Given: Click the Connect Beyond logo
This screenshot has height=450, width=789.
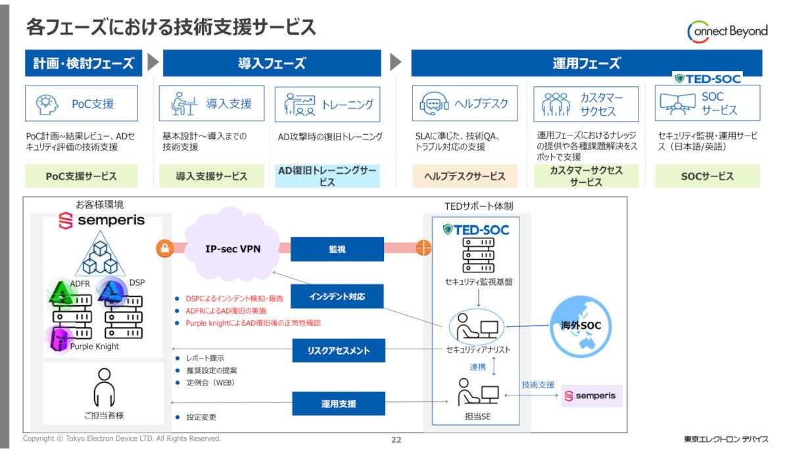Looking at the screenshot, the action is point(727,32).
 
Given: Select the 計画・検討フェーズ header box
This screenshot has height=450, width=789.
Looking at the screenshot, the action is point(84,63).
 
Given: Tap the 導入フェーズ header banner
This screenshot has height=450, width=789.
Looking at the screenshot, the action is point(272,63).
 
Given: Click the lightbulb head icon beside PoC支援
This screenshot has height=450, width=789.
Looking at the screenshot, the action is point(47,104).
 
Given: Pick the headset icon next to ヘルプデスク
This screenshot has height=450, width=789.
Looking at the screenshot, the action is point(434,103).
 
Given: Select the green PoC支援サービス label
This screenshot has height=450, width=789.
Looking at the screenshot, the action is point(81,176).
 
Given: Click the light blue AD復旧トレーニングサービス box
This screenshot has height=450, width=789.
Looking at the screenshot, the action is point(327,176).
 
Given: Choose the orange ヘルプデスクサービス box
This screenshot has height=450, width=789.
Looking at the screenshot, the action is point(465,176).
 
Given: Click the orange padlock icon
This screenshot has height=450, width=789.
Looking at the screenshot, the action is point(165,249).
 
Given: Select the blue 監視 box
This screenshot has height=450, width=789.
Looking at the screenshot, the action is point(337,249).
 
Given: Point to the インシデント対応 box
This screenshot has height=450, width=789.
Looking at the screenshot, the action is point(337,296).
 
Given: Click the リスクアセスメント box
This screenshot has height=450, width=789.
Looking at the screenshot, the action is point(339,351).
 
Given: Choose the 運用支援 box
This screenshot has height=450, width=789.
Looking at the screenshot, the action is point(339,403).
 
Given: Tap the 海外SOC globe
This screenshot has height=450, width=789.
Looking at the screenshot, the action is point(581,326).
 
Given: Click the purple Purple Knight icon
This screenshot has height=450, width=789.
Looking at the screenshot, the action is point(59,339).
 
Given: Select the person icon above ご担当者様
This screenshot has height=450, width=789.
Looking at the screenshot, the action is point(105,387).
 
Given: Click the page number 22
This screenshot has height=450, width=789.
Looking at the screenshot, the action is point(396,439).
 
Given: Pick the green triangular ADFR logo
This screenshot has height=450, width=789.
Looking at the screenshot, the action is point(61,293).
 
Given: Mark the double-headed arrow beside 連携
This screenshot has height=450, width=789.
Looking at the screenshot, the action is point(494,366).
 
